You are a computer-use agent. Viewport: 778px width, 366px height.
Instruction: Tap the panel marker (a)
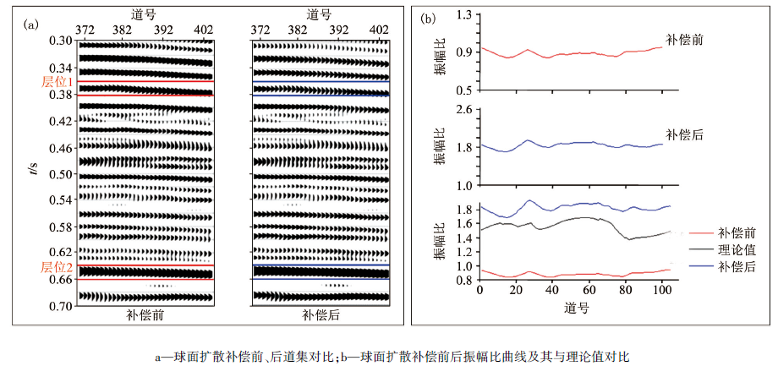(x=33, y=25)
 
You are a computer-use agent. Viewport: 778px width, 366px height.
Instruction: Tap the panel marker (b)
(x=429, y=18)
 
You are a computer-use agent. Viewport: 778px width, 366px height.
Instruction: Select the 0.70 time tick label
(x=61, y=306)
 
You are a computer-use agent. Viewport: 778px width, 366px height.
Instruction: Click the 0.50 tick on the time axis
(x=61, y=174)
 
